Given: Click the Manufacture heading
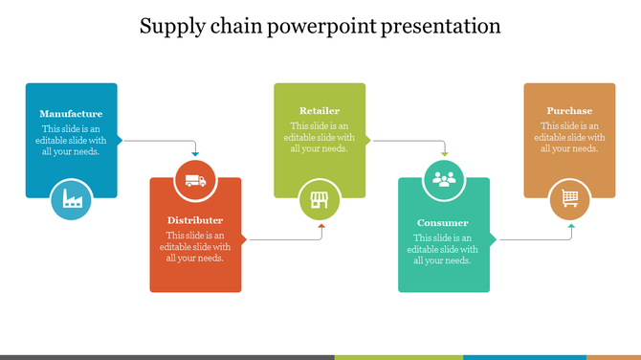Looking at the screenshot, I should [71, 114].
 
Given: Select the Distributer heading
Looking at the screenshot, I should [195, 220].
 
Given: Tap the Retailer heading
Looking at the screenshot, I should [320, 111].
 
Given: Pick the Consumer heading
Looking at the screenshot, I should [443, 223].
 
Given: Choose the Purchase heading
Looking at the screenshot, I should [569, 111].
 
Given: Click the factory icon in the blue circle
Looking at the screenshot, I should [72, 198].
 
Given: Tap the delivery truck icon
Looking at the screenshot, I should [195, 179].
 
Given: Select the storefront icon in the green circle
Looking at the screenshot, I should [320, 199].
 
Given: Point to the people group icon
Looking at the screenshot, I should [443, 178].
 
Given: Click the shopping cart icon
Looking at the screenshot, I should [569, 198].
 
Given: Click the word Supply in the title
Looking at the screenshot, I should [170, 27].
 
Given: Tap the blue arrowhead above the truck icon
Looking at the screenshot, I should [195, 154].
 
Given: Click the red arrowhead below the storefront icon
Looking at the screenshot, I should [320, 227].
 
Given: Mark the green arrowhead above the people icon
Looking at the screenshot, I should [444, 153].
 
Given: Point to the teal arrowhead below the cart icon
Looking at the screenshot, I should [570, 227].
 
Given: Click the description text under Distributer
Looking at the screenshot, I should [195, 246].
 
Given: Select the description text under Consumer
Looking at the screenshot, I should [443, 249].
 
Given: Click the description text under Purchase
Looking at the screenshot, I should [569, 137].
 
